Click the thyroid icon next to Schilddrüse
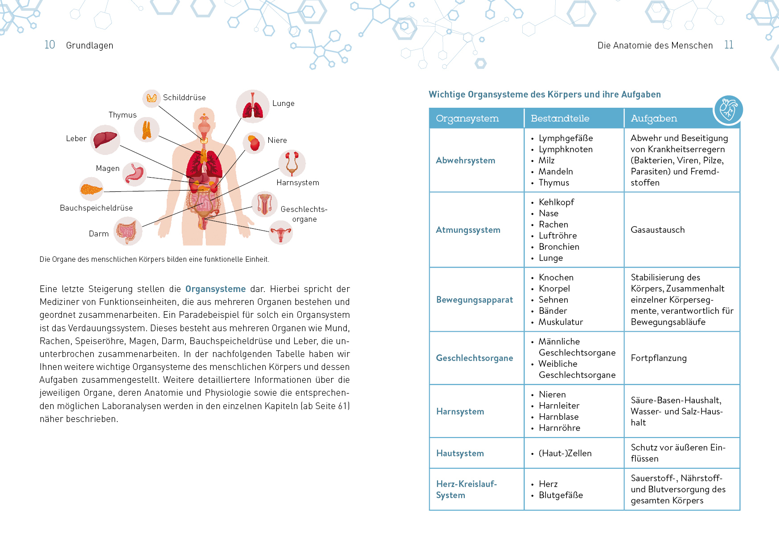pyautogui.click(x=152, y=98)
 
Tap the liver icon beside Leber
pyautogui.click(x=105, y=140)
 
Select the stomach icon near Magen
pyautogui.click(x=135, y=174)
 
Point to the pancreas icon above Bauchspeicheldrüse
pyautogui.click(x=91, y=190)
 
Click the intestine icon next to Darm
pyautogui.click(x=127, y=231)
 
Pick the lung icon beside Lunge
pyautogui.click(x=253, y=107)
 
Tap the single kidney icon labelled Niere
pyautogui.click(x=254, y=143)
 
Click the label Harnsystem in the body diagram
pyautogui.click(x=298, y=183)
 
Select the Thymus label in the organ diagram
pyautogui.click(x=123, y=115)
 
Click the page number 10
pyautogui.click(x=49, y=45)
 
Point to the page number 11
pyautogui.click(x=729, y=45)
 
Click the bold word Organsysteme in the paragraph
pyautogui.click(x=215, y=289)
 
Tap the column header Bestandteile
pyautogui.click(x=560, y=118)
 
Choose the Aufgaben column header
pyautogui.click(x=654, y=118)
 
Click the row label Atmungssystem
pyautogui.click(x=468, y=230)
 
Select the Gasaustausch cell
pyautogui.click(x=657, y=230)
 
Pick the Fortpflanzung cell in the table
pyautogui.click(x=659, y=358)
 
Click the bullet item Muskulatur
pyautogui.click(x=561, y=322)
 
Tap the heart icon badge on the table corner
pyautogui.click(x=728, y=110)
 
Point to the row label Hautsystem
pyautogui.click(x=460, y=453)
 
